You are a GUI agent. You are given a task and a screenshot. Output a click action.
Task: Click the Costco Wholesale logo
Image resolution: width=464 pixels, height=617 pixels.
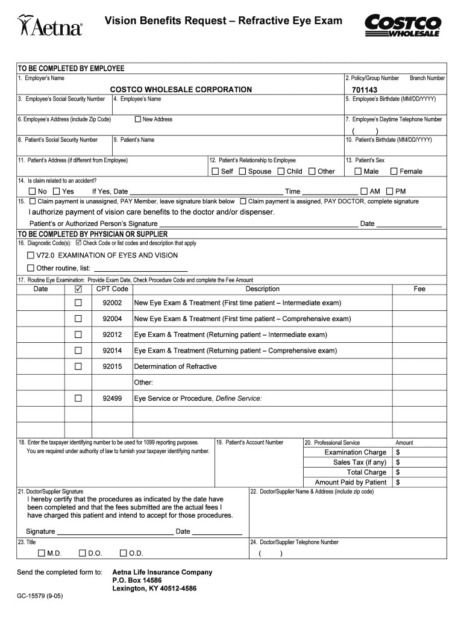403,25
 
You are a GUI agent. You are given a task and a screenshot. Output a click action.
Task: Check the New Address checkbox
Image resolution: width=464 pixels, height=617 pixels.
138,119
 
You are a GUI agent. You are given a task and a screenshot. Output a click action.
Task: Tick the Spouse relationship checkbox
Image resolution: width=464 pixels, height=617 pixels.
242,171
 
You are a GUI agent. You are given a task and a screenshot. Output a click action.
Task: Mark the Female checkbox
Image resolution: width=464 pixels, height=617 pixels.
394,171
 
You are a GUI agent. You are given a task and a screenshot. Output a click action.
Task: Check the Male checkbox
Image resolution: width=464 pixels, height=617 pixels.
358,171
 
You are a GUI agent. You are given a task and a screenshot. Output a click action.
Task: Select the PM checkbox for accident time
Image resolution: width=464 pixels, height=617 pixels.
390,192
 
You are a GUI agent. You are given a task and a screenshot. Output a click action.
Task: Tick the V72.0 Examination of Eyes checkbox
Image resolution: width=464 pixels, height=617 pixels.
31,255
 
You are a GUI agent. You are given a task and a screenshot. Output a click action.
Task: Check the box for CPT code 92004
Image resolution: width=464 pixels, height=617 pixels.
78,319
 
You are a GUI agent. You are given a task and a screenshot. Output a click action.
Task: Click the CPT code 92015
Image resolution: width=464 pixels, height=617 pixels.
112,366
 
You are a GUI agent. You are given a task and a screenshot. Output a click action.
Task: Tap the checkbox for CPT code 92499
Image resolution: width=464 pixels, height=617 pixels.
78,398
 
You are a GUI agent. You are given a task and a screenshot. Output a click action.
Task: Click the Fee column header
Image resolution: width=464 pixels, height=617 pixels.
419,289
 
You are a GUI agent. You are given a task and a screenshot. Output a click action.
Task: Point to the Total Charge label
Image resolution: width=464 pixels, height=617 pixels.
366,472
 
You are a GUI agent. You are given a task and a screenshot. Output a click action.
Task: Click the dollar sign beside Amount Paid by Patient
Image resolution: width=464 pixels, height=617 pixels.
398,483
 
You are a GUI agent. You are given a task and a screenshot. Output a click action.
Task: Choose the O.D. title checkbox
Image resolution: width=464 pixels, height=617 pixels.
123,553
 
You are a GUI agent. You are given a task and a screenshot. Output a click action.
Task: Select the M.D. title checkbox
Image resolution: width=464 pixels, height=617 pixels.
41,553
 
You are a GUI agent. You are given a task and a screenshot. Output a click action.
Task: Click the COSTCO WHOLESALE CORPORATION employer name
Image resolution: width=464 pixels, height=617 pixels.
181,90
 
